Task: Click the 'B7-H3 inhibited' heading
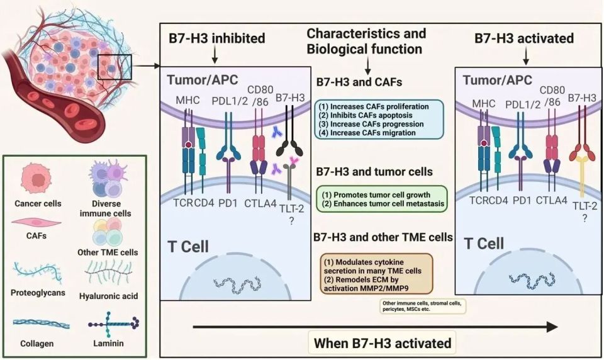(216, 38)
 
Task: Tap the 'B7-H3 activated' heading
(524, 38)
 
